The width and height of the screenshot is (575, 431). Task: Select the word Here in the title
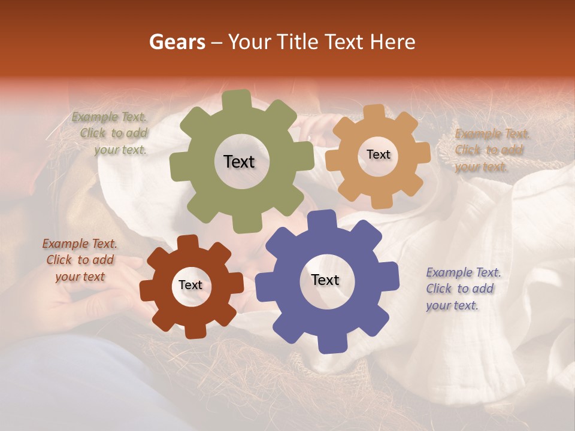click(x=393, y=42)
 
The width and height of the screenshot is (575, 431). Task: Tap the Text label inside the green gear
click(x=239, y=162)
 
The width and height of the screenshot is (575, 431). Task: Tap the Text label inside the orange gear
click(x=378, y=154)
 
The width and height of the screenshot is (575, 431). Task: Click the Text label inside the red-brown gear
click(x=190, y=286)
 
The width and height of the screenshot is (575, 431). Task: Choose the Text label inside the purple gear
click(x=325, y=280)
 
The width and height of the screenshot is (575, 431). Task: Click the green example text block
click(x=111, y=133)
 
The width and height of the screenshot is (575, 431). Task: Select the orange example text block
click(x=491, y=150)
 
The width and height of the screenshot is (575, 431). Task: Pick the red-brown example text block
click(x=80, y=260)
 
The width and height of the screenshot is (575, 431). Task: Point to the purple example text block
click(x=462, y=289)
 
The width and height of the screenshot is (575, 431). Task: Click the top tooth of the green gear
click(x=237, y=98)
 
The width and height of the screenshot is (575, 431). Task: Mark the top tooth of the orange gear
click(x=374, y=111)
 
